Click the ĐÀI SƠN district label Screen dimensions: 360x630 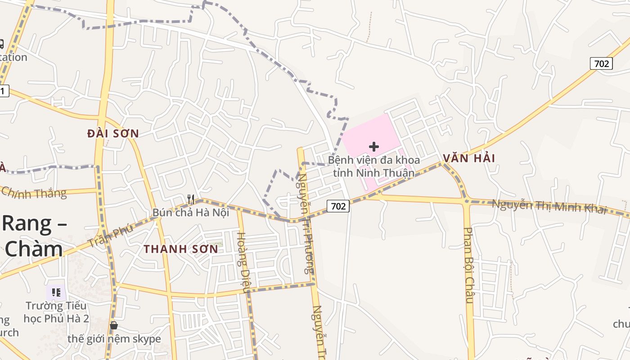[x=113, y=134]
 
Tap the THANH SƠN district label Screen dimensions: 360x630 [x=181, y=249]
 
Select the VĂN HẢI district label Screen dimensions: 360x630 [x=468, y=158]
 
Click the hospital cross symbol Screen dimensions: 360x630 [x=373, y=147]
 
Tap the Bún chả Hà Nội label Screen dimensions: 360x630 [x=191, y=212]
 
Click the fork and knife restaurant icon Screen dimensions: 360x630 [x=191, y=199]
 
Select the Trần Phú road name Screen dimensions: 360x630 [x=110, y=235]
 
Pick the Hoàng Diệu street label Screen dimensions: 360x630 [x=243, y=262]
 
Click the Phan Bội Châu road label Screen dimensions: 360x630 [x=469, y=265]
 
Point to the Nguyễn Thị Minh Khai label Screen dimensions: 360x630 [x=549, y=207]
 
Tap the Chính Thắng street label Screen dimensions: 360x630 [x=34, y=192]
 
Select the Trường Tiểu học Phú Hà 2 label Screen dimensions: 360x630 [x=57, y=312]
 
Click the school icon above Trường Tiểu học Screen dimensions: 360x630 [x=56, y=292]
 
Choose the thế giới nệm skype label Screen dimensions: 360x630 [x=114, y=339]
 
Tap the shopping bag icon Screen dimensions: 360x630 [x=114, y=325]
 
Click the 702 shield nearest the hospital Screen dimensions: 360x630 [x=338, y=206]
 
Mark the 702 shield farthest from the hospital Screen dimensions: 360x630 [x=601, y=63]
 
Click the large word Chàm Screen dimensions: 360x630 [x=34, y=249]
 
